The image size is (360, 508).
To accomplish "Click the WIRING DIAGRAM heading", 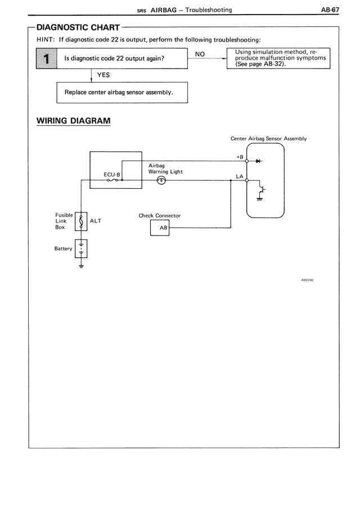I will click(73, 121).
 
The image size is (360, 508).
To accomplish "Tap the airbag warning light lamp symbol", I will click(161, 180).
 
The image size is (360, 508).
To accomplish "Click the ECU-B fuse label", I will click(112, 174).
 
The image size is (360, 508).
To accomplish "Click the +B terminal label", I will click(239, 156).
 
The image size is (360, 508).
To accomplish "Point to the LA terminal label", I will click(240, 176).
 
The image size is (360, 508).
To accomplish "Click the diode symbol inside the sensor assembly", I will click(258, 161).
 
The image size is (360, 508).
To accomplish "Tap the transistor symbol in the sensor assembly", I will click(260, 190).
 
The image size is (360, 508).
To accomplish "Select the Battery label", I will click(63, 248).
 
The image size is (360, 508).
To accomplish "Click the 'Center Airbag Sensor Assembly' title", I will click(268, 138).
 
